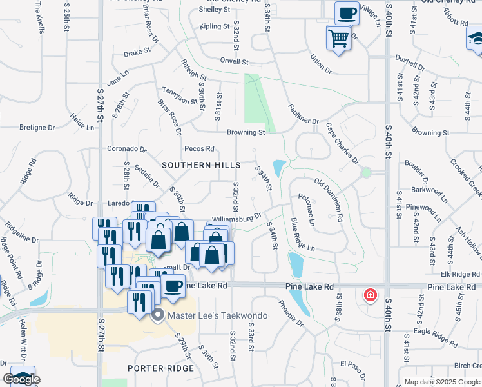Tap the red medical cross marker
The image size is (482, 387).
371,295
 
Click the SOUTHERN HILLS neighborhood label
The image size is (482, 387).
201,165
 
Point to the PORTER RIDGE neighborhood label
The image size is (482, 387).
160,368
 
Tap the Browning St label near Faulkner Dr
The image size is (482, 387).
246,132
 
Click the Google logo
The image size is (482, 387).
22,379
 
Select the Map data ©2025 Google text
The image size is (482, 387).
442,382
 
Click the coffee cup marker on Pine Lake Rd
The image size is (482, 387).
173,285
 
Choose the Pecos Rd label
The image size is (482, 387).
199,148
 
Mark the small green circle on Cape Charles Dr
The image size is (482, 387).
366,173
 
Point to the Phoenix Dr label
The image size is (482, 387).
290,312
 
